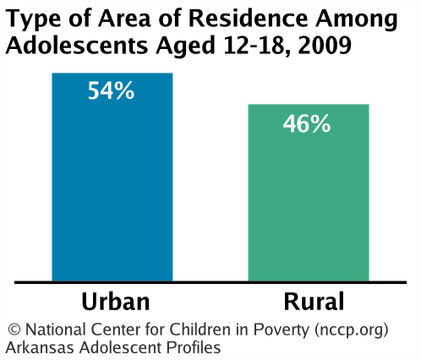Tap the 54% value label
pyautogui.click(x=112, y=90)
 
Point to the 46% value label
pyautogui.click(x=307, y=123)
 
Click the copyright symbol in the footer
pyautogui.click(x=13, y=330)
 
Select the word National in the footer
pyautogui.click(x=52, y=330)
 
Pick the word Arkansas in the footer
pyautogui.click(x=37, y=347)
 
